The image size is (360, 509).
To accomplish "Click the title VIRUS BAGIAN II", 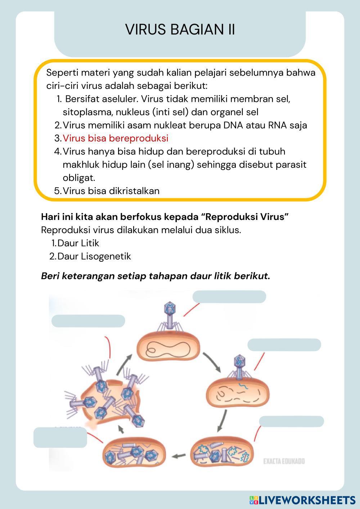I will coord(180,30).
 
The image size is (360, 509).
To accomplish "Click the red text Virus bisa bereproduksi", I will coord(115,138).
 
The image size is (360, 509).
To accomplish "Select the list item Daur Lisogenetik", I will coord(94,257).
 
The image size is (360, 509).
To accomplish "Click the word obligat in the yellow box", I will coord(79,178).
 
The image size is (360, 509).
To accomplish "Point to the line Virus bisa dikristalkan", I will coord(111,191).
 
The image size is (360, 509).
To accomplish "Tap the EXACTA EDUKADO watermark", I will coord(284,461).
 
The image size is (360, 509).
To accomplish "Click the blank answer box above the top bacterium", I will coord(229,297).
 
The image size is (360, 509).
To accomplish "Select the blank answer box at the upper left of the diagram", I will coord(88,321).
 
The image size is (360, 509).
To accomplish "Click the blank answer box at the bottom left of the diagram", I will coord(60,437).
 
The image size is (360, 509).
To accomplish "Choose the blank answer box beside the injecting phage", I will coord(284,345).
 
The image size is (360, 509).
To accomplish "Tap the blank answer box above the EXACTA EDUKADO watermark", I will coord(291,422).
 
